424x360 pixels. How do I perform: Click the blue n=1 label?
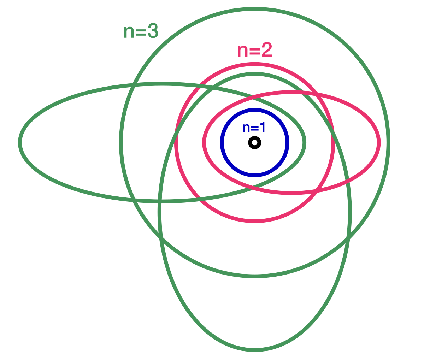click(x=254, y=128)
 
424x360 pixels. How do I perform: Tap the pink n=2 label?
click(x=254, y=51)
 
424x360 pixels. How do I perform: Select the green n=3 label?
click(x=141, y=32)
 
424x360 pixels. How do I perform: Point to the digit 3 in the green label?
click(x=152, y=32)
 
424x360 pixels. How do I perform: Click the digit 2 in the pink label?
click(x=266, y=51)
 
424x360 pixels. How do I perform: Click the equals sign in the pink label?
click(x=254, y=52)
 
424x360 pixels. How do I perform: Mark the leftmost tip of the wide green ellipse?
click(x=20, y=142)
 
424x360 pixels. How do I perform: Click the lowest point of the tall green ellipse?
click(x=255, y=350)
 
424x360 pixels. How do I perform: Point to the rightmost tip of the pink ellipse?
click(x=379, y=143)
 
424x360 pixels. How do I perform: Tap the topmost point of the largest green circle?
click(x=255, y=9)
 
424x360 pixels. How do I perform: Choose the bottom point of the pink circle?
click(x=255, y=221)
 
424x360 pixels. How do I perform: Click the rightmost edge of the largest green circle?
click(x=389, y=142)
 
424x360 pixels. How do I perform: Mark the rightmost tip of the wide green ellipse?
click(x=305, y=142)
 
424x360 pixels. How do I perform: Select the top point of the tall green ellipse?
click(x=255, y=74)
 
